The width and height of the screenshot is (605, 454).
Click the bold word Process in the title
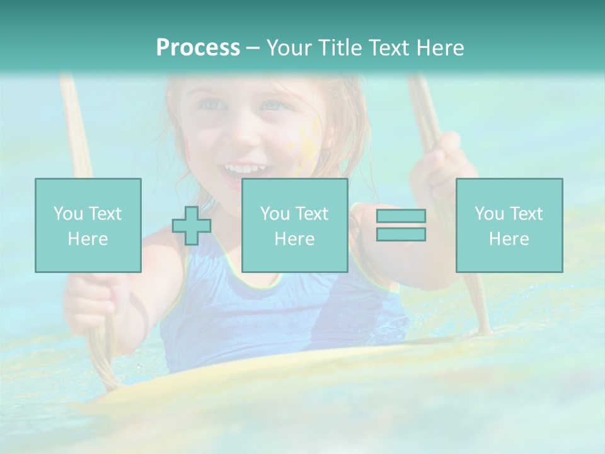[x=198, y=48]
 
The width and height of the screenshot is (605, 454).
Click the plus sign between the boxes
[x=192, y=225]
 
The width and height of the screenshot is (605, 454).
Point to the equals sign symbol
[x=401, y=225]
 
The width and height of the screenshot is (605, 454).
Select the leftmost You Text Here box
[x=88, y=225]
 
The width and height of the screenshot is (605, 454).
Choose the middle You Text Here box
[x=294, y=225]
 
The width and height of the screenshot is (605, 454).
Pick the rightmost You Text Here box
[x=509, y=225]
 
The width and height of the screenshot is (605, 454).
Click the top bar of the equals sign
[x=401, y=216]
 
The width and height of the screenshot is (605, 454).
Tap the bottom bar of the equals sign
[x=401, y=234]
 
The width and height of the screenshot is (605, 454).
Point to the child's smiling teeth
[x=243, y=169]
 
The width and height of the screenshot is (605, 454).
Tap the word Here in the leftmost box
[x=88, y=239]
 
